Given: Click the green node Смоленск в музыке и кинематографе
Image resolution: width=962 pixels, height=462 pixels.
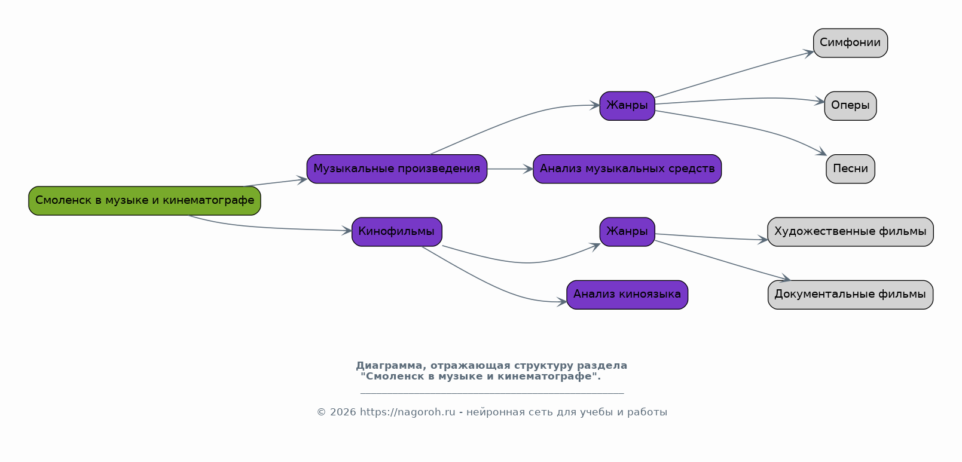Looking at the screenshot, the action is point(145,200).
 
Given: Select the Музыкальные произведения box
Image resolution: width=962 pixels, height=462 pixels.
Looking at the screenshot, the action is point(397,169).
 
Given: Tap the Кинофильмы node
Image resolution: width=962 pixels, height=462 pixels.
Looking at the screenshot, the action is point(397,232).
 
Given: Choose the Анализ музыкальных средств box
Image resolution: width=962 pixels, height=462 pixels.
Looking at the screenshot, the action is point(627,169).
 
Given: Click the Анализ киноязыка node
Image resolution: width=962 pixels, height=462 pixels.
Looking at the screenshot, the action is point(627,295).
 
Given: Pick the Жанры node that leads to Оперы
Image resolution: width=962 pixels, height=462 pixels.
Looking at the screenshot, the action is point(627,106).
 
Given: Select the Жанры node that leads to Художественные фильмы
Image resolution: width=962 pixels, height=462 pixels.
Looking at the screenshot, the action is point(627,232).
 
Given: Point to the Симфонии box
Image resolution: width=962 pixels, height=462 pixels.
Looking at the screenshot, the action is point(850,43).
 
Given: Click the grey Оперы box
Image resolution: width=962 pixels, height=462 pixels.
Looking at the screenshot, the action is point(850,106).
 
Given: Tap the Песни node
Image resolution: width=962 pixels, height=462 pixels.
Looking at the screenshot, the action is point(850,169).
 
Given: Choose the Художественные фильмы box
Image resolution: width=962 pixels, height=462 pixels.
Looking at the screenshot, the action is point(850,232).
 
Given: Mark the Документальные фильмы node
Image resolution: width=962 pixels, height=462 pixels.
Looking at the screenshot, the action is point(850,295).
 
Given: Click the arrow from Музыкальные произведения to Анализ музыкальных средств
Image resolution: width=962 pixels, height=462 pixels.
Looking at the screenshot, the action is point(510,169).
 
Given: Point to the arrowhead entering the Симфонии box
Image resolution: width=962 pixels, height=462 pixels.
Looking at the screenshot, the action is point(809,53).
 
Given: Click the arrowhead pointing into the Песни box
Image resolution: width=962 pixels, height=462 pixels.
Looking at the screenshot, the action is point(821,152).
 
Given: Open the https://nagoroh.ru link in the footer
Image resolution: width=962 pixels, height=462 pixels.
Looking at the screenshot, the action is point(407,412).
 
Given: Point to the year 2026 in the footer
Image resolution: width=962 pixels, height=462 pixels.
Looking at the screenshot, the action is point(343,412).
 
